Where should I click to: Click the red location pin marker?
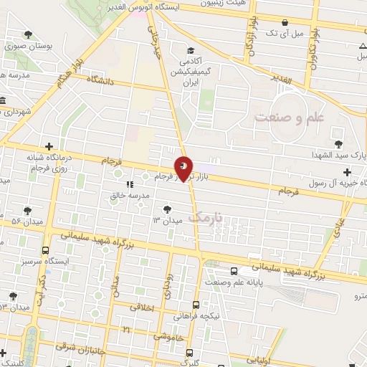(x=184, y=168)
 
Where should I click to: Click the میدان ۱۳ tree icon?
(x=167, y=209)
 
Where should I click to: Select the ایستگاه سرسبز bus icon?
(x=47, y=251)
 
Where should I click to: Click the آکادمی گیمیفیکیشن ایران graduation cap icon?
(x=190, y=50)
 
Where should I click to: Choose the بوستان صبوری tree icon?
(x=27, y=34)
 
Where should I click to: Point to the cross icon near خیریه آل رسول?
(x=347, y=172)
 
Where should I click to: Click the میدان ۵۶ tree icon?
(x=27, y=211)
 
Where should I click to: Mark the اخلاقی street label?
(x=143, y=307)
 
